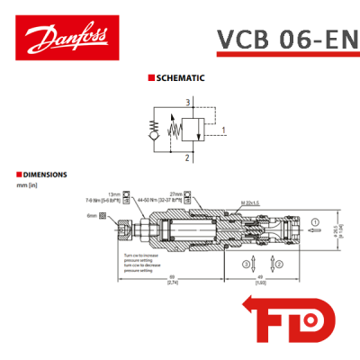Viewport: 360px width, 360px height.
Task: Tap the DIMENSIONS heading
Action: (x=41, y=174)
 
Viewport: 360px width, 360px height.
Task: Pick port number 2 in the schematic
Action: (x=187, y=157)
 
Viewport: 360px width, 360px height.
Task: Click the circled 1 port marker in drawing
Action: (x=314, y=221)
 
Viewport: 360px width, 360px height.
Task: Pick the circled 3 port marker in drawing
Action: (x=245, y=265)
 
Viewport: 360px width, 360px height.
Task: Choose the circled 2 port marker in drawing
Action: (x=278, y=265)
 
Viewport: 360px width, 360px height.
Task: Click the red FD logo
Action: (x=290, y=321)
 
